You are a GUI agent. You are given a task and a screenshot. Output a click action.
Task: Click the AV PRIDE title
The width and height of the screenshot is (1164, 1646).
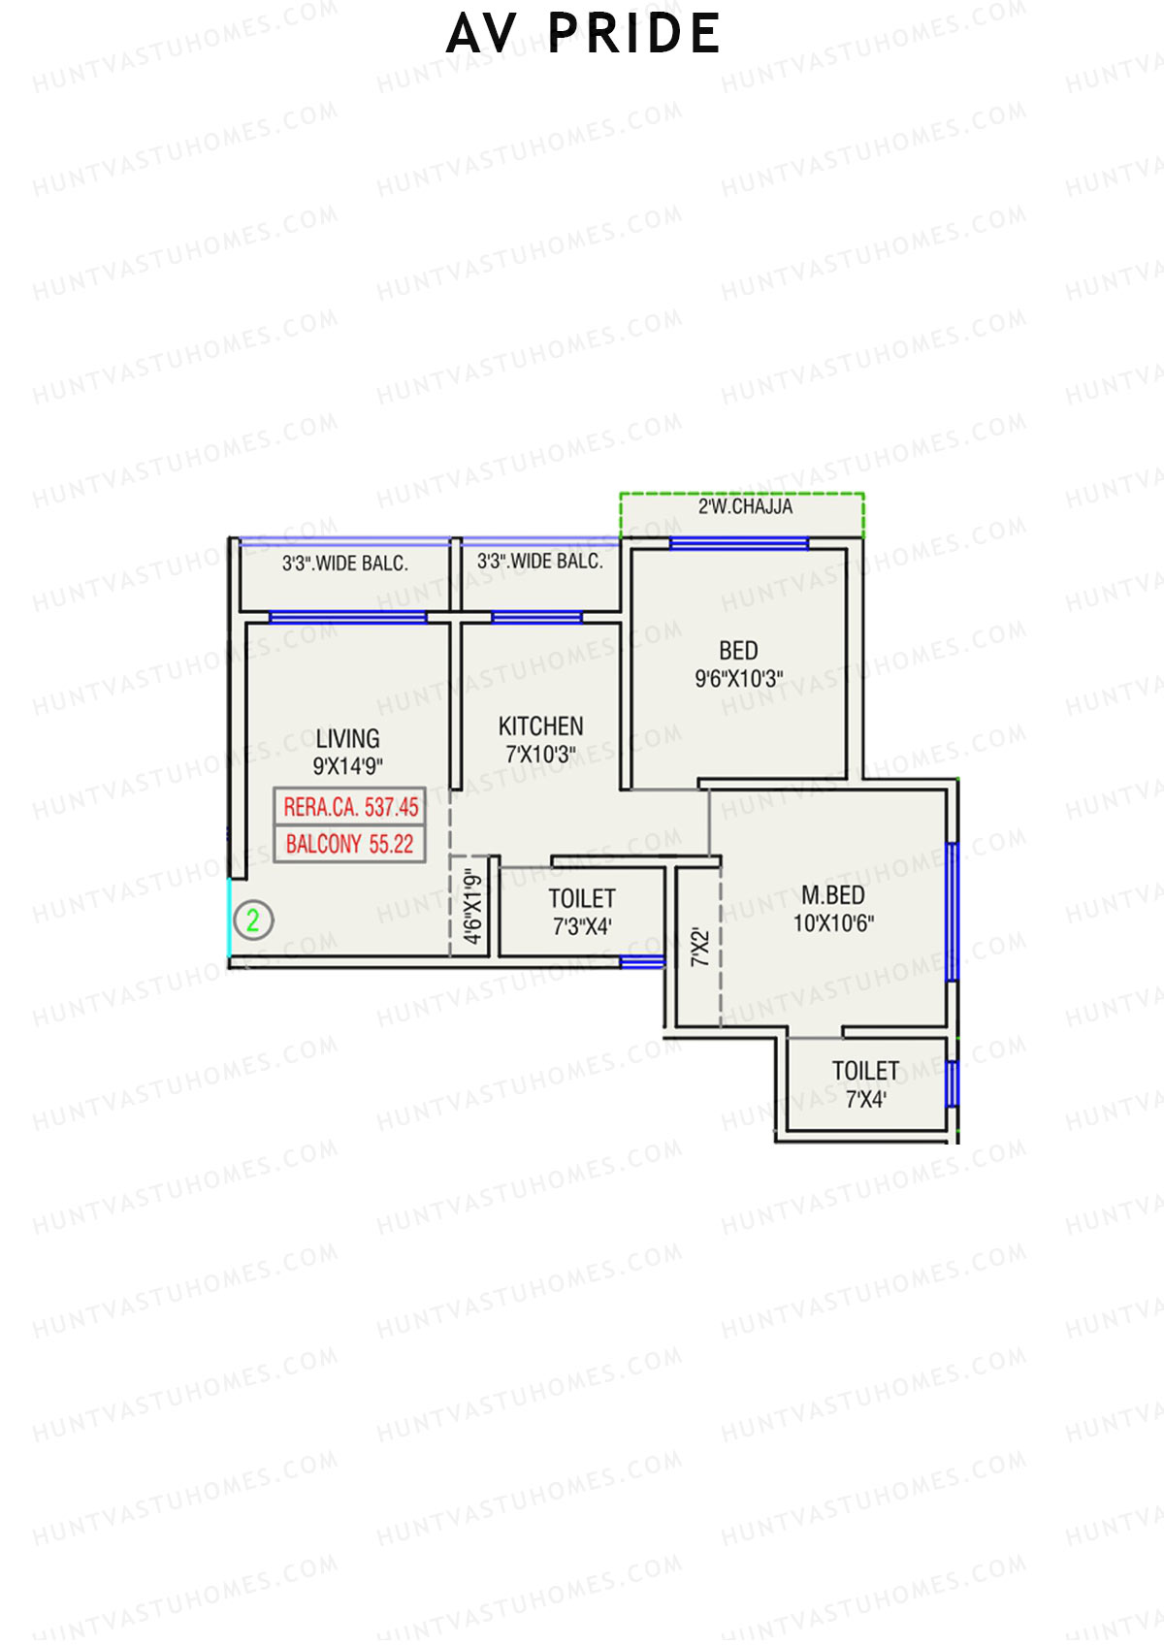(583, 34)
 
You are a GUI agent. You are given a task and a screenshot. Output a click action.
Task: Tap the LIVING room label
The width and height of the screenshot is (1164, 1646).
(347, 739)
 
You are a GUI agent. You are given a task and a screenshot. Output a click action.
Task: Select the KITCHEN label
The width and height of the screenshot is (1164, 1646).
(540, 726)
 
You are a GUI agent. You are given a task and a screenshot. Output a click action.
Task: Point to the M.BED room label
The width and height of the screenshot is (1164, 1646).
(833, 895)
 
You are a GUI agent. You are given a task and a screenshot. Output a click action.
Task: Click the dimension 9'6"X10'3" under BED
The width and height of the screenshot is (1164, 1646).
(738, 679)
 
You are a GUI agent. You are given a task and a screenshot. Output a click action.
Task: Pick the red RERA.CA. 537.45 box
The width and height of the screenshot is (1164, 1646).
(350, 807)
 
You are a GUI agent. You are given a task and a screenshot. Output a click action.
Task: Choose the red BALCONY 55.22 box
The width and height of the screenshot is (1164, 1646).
(349, 844)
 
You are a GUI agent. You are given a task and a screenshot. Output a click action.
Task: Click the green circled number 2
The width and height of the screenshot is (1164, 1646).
(252, 920)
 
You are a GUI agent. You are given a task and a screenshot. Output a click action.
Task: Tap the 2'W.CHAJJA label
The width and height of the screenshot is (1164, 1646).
(745, 507)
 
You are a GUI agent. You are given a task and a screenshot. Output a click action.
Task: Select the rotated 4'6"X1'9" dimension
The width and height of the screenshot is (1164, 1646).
(472, 906)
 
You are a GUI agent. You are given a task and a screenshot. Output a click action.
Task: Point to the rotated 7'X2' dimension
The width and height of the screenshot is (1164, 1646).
(700, 948)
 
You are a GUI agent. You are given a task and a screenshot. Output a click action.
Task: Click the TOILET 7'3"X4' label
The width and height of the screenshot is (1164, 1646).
(582, 912)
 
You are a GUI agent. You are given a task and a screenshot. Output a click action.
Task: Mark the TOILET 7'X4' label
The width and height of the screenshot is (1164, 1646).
(865, 1084)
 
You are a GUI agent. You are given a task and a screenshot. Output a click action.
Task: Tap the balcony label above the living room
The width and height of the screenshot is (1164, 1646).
(344, 564)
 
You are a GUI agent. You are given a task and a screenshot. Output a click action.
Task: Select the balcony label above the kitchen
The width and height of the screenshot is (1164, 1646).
(539, 562)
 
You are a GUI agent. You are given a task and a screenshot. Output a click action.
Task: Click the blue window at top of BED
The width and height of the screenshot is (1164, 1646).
(738, 544)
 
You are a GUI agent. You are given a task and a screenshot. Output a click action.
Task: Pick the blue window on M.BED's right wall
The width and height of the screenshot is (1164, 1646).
(952, 912)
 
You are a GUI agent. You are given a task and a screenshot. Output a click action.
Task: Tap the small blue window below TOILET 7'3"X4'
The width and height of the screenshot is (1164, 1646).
(641, 962)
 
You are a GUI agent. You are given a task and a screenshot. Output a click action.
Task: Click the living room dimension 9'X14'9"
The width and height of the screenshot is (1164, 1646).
(347, 766)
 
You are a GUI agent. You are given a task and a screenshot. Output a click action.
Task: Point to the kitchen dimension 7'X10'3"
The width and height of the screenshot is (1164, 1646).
(540, 754)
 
